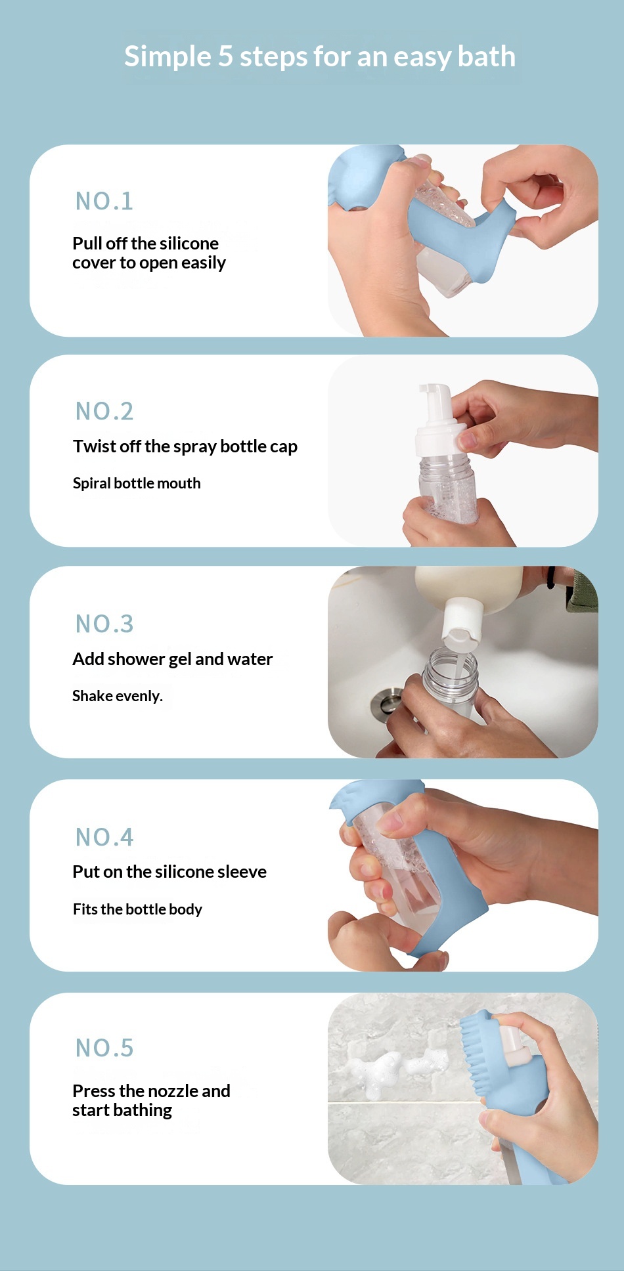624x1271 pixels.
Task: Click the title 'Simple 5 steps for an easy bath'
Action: pyautogui.click(x=320, y=56)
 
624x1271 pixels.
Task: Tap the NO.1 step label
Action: pyautogui.click(x=104, y=202)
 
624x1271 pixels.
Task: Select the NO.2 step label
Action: pyautogui.click(x=104, y=412)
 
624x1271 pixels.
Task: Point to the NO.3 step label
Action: pyautogui.click(x=104, y=624)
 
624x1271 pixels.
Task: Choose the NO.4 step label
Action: pyautogui.click(x=104, y=837)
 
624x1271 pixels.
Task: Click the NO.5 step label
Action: pyautogui.click(x=104, y=1048)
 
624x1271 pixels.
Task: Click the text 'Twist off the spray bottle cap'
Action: pyautogui.click(x=185, y=447)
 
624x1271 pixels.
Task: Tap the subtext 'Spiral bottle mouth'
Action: pyautogui.click(x=137, y=483)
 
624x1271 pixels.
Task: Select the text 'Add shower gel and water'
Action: pyautogui.click(x=173, y=659)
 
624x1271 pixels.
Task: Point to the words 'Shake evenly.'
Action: pyautogui.click(x=118, y=696)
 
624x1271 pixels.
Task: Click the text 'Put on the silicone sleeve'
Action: pyautogui.click(x=169, y=872)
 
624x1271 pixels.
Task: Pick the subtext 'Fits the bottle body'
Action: pyautogui.click(x=137, y=909)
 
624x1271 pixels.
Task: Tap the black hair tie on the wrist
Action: pyautogui.click(x=551, y=577)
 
